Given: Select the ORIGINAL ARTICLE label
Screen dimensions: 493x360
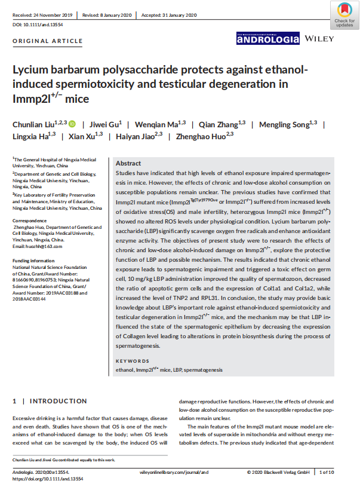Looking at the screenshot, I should click(x=48, y=41).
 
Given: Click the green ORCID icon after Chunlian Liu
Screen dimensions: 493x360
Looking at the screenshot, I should click(x=72, y=124).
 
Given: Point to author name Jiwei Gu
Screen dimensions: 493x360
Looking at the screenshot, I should click(x=104, y=124).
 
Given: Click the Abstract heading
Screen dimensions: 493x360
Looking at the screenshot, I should click(x=128, y=163).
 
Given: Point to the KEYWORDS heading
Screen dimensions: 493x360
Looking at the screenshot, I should click(x=133, y=362).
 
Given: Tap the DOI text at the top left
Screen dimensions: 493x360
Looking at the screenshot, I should click(x=38, y=25).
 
